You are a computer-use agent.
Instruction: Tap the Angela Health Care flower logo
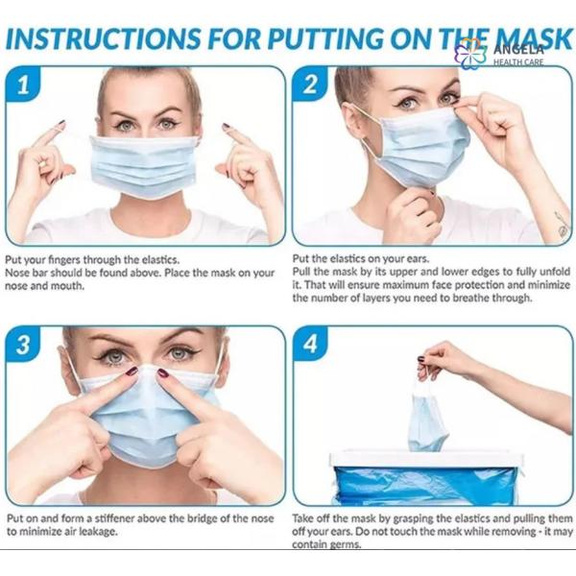point(470,53)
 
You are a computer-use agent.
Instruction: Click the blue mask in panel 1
point(144,166)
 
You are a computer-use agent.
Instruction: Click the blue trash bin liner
point(432,485)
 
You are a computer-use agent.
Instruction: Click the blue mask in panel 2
point(422,147)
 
